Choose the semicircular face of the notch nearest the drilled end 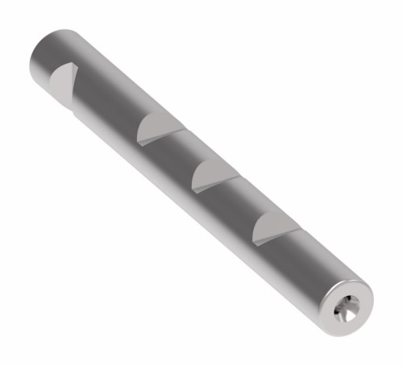click(x=268, y=231)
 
